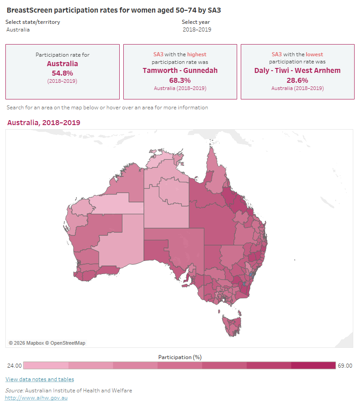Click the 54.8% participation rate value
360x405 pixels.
pos(63,73)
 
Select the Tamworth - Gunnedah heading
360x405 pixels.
pos(180,71)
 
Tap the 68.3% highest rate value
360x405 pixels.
pos(180,80)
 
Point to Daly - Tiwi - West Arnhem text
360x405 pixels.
pos(297,71)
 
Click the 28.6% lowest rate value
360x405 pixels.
pos(297,80)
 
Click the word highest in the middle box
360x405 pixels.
pos(197,54)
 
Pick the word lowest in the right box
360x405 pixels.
pos(315,54)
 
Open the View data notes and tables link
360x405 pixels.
pos(40,379)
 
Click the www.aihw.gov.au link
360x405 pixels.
pos(36,398)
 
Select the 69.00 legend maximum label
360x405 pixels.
pos(345,365)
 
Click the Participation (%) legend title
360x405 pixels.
pos(180,357)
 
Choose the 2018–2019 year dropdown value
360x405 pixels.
pos(197,30)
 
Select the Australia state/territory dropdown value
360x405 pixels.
pos(18,30)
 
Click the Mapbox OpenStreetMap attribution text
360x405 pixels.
pos(47,343)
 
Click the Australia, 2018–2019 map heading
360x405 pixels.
pos(44,122)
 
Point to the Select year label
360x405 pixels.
pos(195,22)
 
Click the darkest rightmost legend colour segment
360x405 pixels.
pos(313,365)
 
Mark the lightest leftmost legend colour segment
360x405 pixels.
pos(45,365)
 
